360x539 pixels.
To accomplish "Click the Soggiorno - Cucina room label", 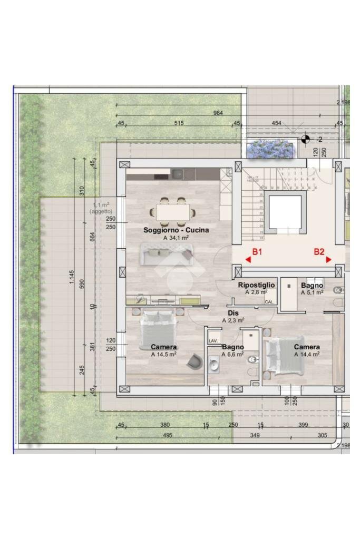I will [176, 230].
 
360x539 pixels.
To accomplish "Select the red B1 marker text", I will [257, 252].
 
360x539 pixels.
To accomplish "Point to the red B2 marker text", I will [319, 252].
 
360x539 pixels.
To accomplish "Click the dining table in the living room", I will [172, 212].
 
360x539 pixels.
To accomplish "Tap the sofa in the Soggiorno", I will [166, 255].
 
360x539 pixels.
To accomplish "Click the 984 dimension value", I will [218, 113].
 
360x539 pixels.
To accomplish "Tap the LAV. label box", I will [213, 341].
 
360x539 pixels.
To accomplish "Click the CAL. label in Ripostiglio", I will [269, 302].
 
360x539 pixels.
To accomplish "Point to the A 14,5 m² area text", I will [163, 355].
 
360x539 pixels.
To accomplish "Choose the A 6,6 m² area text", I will [233, 355].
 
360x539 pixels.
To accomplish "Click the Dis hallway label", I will [233, 313].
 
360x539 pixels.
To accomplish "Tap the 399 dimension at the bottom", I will [303, 425].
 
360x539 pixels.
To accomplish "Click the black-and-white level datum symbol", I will [305, 139].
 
